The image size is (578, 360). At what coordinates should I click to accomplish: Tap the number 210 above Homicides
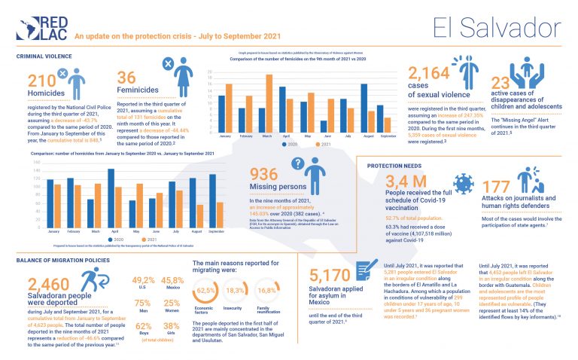pyautogui.click(x=41, y=83)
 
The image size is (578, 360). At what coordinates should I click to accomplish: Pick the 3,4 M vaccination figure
pyautogui.click(x=406, y=181)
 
